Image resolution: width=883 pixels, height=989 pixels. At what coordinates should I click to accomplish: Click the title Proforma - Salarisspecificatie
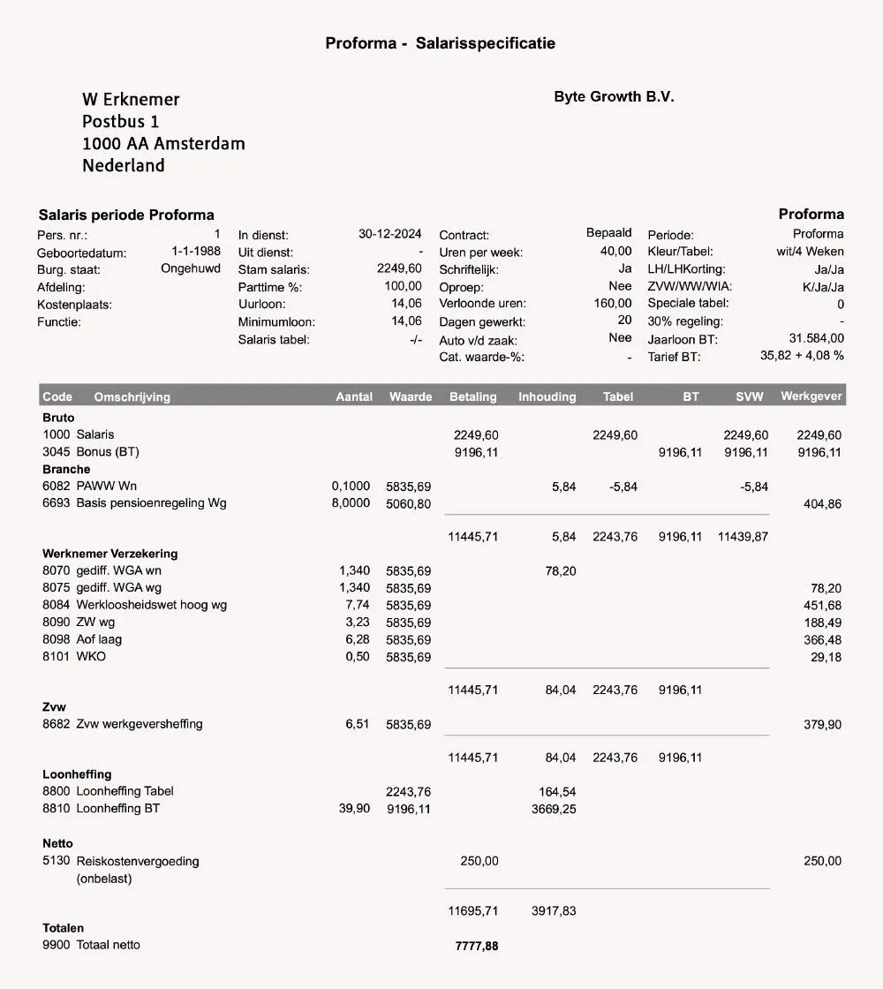440,43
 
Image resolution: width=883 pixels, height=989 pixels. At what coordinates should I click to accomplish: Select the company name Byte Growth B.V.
614,97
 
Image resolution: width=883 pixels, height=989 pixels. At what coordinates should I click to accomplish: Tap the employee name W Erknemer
131,100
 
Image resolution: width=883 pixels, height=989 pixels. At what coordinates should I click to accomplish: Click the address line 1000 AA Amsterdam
163,143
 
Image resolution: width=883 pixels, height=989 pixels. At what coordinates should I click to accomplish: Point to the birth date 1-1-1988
196,252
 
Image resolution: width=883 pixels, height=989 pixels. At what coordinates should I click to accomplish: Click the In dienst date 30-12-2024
389,234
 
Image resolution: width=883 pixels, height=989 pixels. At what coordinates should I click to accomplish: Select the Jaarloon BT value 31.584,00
816,338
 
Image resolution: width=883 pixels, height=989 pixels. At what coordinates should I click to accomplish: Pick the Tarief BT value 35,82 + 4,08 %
802,355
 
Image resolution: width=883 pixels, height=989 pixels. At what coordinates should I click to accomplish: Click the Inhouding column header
547,396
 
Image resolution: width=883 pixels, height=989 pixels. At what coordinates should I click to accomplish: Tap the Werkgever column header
811,396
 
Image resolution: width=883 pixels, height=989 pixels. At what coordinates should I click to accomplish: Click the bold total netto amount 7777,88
476,946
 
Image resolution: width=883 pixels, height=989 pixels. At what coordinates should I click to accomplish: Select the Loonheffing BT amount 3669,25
554,809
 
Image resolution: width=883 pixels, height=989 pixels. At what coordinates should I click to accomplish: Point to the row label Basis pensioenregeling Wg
151,503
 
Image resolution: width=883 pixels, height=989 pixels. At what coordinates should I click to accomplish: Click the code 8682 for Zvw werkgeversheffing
57,724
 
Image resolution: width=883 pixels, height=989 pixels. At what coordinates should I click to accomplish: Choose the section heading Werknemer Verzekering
109,554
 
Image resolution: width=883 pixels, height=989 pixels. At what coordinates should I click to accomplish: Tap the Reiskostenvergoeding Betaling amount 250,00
479,861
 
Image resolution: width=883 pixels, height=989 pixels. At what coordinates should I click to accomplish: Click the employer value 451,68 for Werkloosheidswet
822,605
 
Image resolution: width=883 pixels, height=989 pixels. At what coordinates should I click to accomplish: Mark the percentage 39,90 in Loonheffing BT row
354,808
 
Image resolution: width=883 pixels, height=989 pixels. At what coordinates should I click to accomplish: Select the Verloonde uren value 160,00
613,304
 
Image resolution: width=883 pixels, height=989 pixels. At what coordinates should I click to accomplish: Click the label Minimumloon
276,322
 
